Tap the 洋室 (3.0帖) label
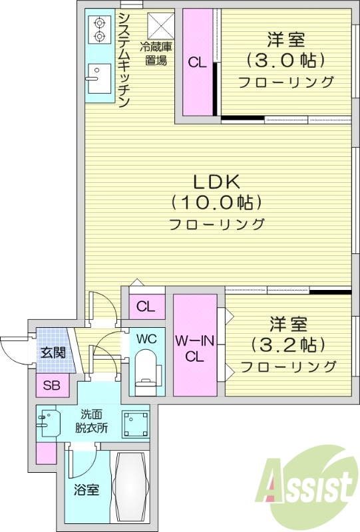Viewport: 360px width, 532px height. coord(286,60)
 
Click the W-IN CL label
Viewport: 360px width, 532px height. coord(194,348)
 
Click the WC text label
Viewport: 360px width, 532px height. coord(146,338)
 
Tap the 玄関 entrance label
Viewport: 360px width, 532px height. coord(52,352)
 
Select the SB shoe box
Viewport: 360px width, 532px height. coord(51,385)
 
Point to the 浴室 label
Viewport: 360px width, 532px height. coord(86,490)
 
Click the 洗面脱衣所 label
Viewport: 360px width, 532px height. coord(89,423)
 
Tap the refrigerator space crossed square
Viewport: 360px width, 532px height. coord(160,25)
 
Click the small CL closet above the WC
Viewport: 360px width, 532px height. coord(146,307)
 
